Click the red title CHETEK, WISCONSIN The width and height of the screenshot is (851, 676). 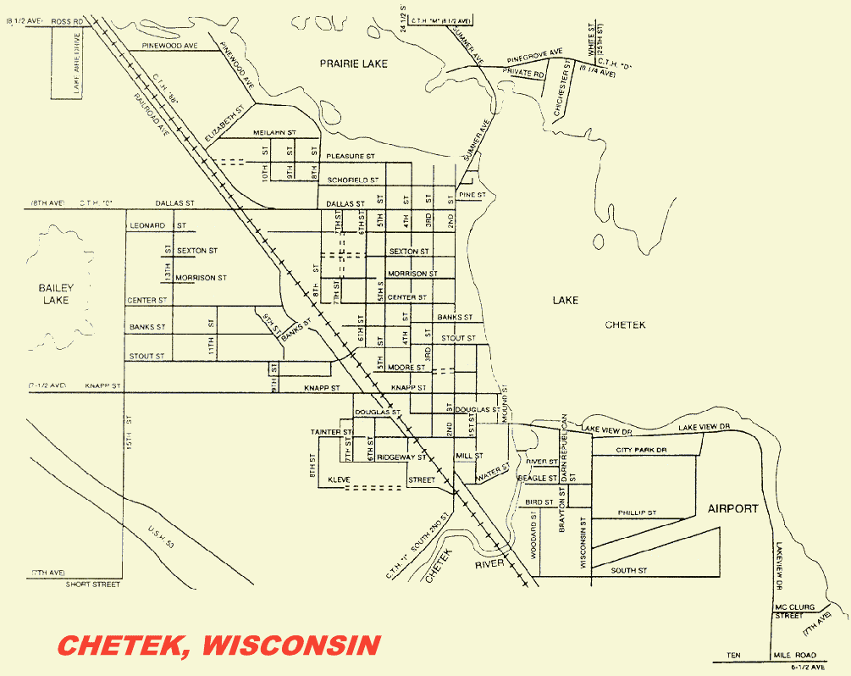pyautogui.click(x=218, y=645)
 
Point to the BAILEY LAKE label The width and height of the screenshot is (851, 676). pyautogui.click(x=56, y=294)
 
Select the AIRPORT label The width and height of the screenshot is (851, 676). pyautogui.click(x=732, y=508)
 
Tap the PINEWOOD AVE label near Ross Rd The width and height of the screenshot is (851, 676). pyautogui.click(x=169, y=45)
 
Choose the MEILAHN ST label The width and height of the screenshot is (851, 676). pyautogui.click(x=274, y=133)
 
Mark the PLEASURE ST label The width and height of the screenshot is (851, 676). pyautogui.click(x=351, y=156)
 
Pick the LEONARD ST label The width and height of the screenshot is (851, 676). pyautogui.click(x=157, y=225)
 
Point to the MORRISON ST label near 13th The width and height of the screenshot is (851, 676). pyautogui.click(x=202, y=277)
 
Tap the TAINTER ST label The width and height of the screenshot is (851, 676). pyautogui.click(x=330, y=432)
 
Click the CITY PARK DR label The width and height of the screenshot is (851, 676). pyautogui.click(x=641, y=450)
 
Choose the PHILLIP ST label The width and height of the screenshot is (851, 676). pyautogui.click(x=637, y=513)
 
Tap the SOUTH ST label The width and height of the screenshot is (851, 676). pyautogui.click(x=628, y=571)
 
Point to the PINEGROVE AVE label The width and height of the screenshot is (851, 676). pyautogui.click(x=534, y=56)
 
